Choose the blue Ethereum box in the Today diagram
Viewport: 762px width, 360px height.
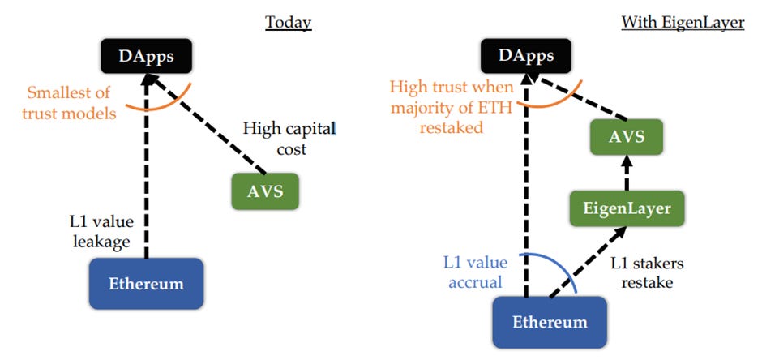click(x=146, y=284)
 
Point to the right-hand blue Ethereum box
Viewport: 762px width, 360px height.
click(x=549, y=322)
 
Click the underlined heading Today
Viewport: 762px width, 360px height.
click(x=289, y=22)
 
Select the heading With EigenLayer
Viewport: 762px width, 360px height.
click(x=683, y=22)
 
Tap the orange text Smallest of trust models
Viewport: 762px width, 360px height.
click(x=71, y=102)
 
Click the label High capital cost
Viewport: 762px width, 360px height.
click(x=288, y=138)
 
